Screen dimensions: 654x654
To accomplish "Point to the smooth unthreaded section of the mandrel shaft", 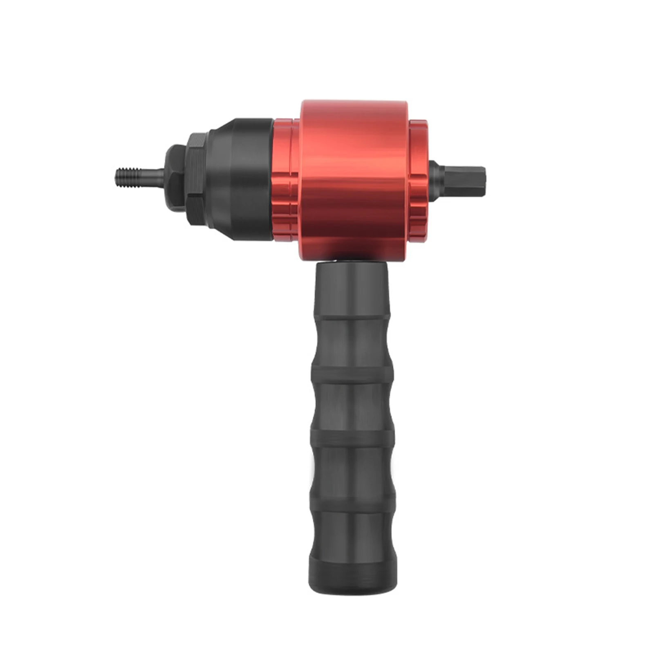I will [x=153, y=178].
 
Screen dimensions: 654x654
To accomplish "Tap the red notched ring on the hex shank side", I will [x=419, y=180].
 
